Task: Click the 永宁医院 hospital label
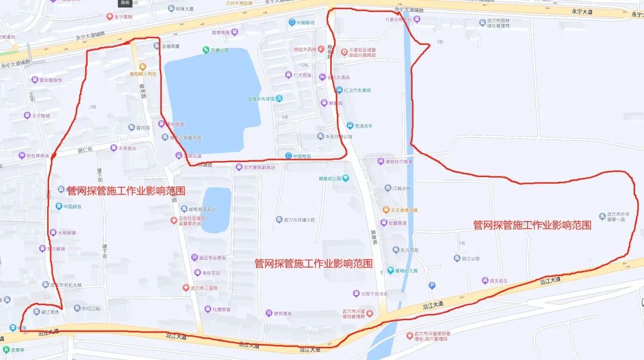click(x=123, y=17)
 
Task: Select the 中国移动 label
click(x=305, y=23)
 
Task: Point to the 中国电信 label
click(x=301, y=156)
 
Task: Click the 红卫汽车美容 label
click(x=357, y=91)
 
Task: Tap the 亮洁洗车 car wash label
click(x=364, y=126)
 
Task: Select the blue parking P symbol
click(x=432, y=285)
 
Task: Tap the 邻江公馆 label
click(x=470, y=259)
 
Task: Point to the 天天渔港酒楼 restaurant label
click(x=404, y=210)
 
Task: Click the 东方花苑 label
click(x=409, y=250)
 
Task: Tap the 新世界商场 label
click(x=37, y=156)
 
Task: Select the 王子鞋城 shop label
click(x=41, y=116)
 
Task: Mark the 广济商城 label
click(x=302, y=76)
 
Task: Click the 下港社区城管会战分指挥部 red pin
click(x=344, y=52)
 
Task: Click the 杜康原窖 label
click(x=221, y=309)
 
